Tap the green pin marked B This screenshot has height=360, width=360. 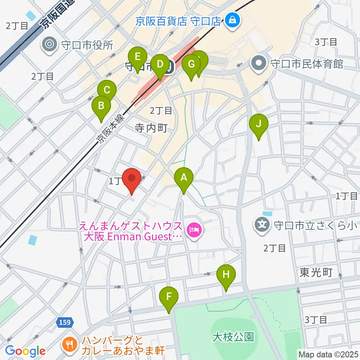coord(101,107)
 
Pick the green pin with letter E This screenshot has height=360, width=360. coord(138,58)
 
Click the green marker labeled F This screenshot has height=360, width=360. coord(169,298)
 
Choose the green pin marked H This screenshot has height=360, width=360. coord(226,276)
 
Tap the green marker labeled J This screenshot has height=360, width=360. coord(258,125)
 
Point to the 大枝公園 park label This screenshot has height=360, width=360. coord(232,336)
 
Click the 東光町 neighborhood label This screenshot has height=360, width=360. coord(316,273)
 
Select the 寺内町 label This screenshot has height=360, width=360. coord(151,128)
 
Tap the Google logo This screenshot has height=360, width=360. coord(25,351)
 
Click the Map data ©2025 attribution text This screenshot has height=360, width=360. coord(328,354)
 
